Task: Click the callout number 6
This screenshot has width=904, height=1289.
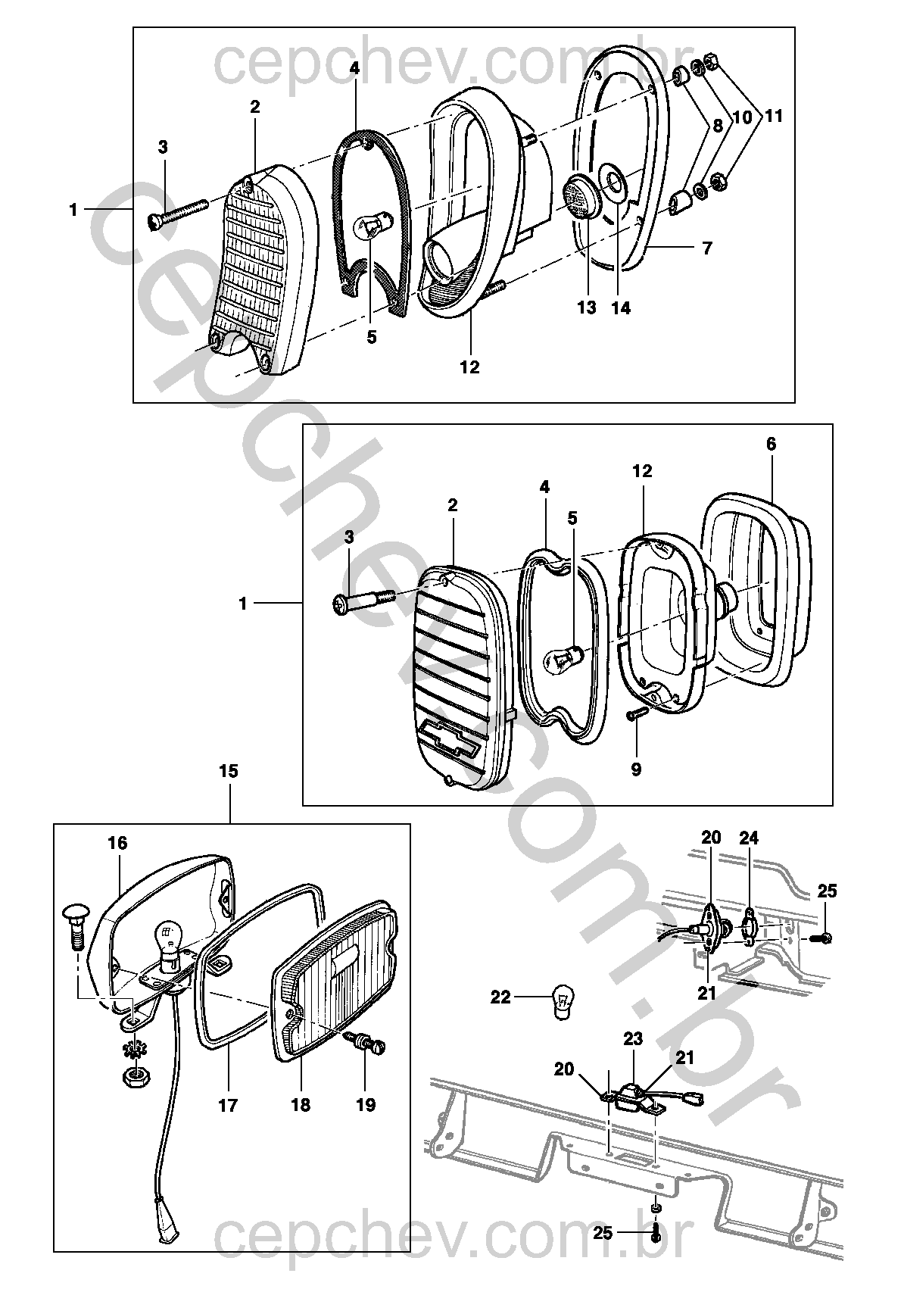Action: tap(771, 445)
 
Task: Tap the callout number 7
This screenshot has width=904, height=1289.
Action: tap(707, 248)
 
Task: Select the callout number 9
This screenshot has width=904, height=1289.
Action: tap(636, 769)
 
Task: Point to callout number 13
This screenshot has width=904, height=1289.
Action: tap(587, 307)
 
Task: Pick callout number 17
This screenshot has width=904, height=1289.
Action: tap(228, 1105)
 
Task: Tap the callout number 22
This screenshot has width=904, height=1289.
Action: tap(501, 997)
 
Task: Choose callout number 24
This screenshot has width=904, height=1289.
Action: tap(749, 838)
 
